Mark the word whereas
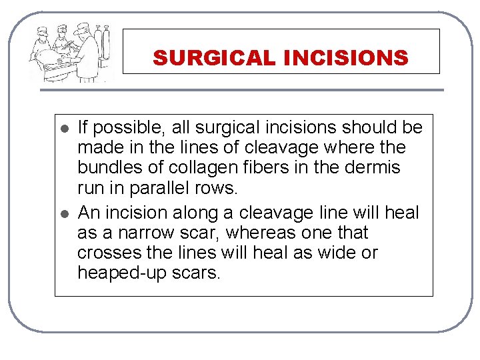(265, 233)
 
